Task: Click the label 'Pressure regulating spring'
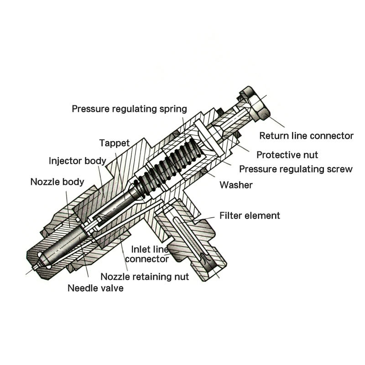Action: [130, 109]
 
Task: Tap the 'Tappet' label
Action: [115, 143]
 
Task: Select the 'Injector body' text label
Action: [78, 161]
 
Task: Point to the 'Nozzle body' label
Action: [57, 182]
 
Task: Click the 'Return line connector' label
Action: [306, 136]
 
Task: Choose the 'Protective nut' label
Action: [287, 155]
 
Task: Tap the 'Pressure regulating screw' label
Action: [296, 169]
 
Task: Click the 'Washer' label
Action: [236, 185]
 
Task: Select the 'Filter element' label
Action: [250, 215]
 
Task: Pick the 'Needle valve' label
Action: [95, 288]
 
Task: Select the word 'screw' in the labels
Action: [340, 169]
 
